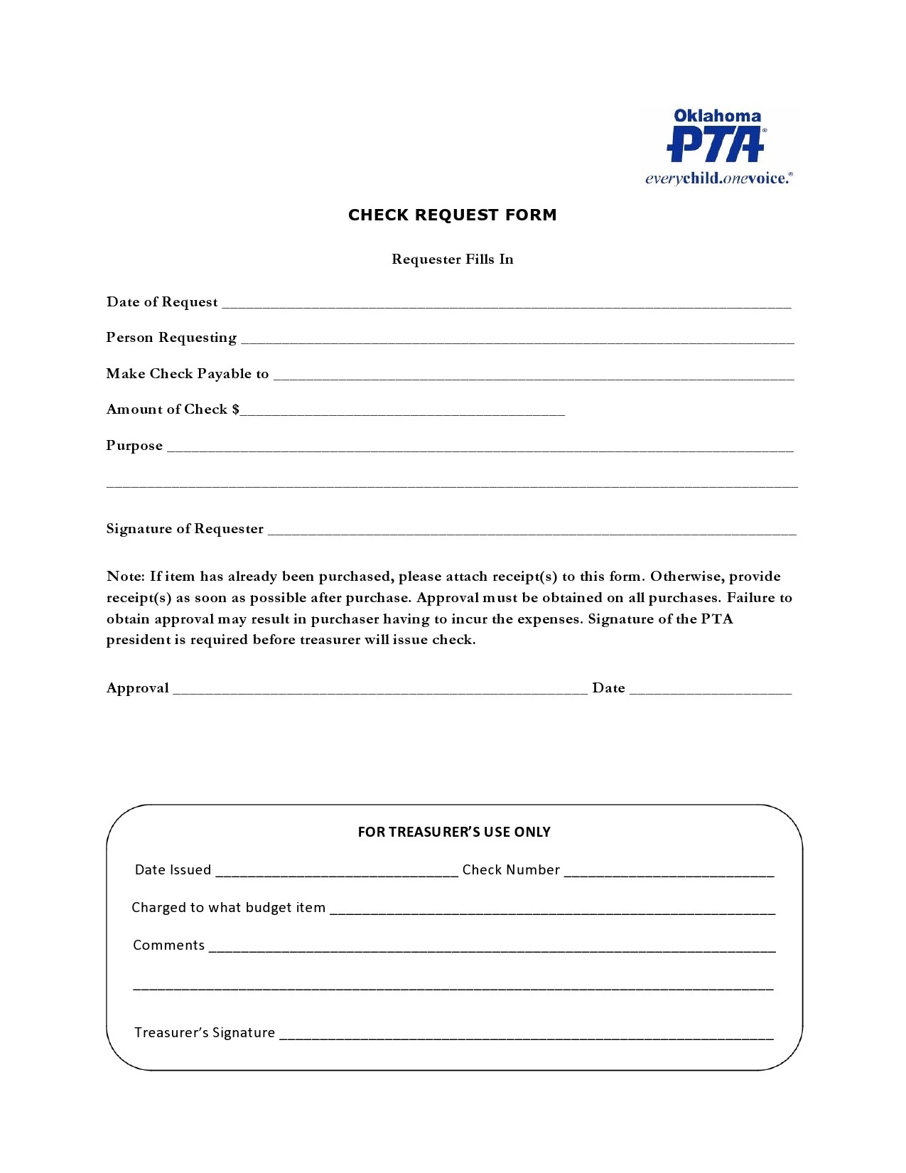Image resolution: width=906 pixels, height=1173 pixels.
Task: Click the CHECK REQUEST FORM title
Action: [x=452, y=215]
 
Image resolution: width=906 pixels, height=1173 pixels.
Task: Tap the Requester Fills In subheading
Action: [x=452, y=259]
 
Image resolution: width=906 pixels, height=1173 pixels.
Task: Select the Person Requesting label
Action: [x=171, y=338]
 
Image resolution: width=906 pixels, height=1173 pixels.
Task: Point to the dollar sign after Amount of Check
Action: [x=236, y=409]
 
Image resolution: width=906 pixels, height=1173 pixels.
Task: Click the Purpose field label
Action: [x=134, y=446]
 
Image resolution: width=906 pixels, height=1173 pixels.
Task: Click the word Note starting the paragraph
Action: [x=125, y=577]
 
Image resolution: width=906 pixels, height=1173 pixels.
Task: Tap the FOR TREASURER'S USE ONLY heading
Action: [x=454, y=832]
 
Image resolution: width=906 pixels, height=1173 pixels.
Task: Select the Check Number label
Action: [x=511, y=870]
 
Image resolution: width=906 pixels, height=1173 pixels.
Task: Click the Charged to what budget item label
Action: [x=228, y=908]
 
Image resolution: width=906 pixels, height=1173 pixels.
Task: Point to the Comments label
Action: [x=168, y=946]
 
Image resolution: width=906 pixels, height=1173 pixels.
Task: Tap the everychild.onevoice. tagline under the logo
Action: [x=718, y=178]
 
